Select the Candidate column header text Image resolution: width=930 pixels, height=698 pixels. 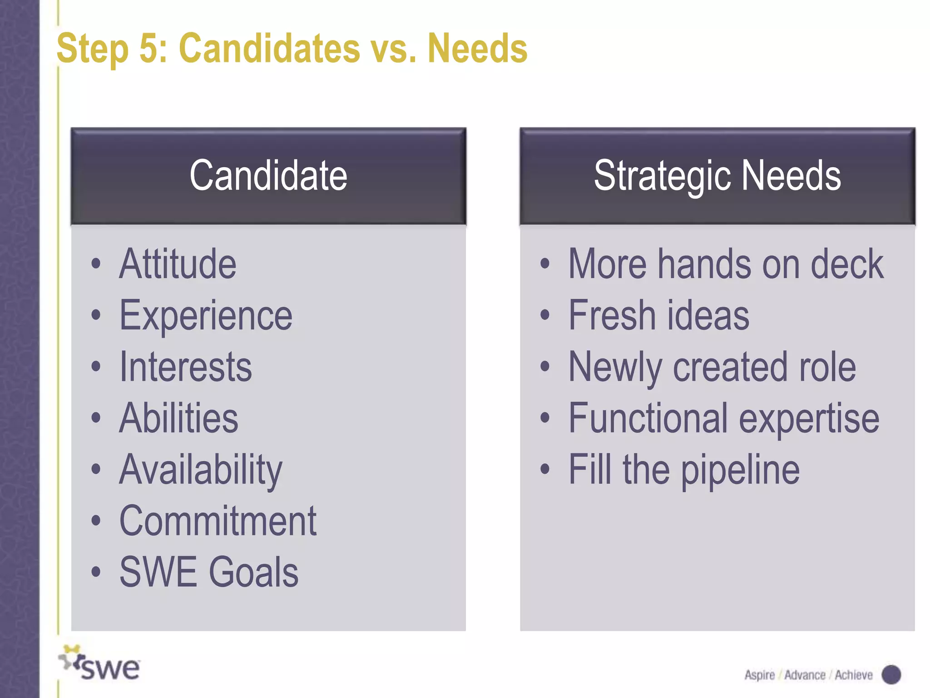(x=268, y=176)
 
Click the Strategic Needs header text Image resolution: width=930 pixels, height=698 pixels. (x=717, y=176)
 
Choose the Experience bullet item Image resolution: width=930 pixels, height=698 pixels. (x=206, y=316)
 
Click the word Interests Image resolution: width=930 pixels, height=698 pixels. (x=185, y=367)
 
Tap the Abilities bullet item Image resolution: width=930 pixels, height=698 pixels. (x=178, y=418)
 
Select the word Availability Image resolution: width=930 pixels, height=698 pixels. (x=201, y=470)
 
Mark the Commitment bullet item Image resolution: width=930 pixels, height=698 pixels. (x=218, y=521)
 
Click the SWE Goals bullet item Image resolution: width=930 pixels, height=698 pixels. (x=209, y=572)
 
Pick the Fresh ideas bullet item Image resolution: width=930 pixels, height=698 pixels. (x=658, y=316)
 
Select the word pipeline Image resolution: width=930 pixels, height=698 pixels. (x=740, y=470)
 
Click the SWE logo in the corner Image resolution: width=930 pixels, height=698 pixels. (x=100, y=664)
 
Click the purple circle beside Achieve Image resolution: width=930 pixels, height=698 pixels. (x=891, y=675)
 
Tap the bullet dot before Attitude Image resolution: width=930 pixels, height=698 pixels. (x=95, y=264)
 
